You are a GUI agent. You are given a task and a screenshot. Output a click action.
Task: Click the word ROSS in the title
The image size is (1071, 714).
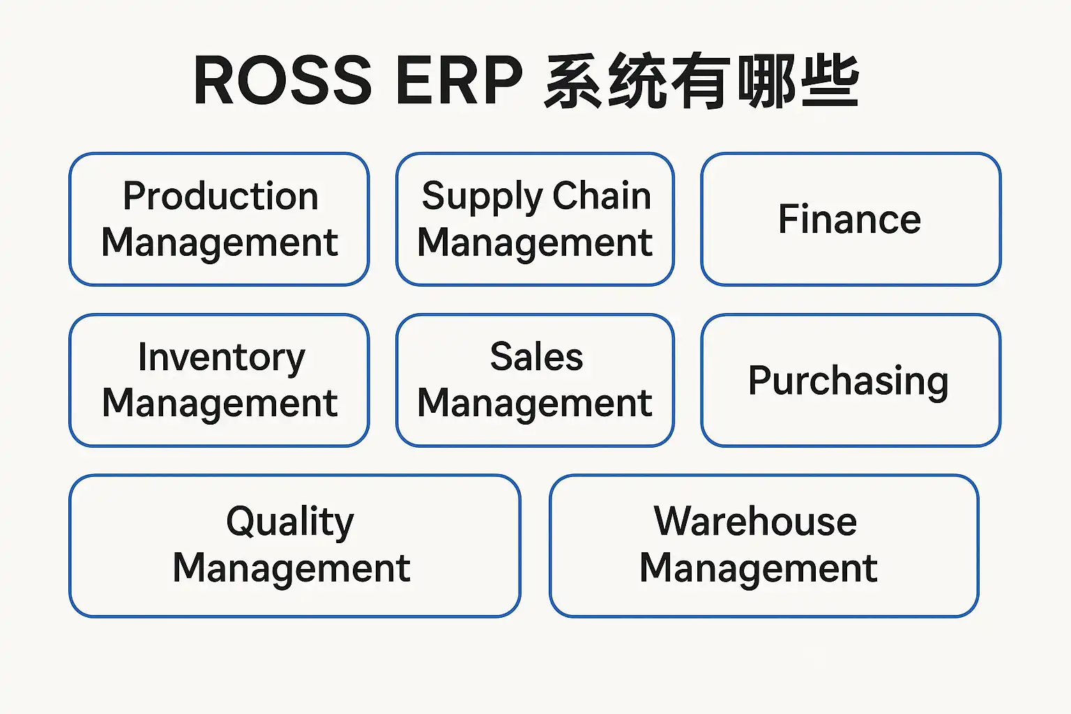(282, 81)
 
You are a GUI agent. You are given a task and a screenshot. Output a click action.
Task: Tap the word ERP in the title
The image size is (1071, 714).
(459, 81)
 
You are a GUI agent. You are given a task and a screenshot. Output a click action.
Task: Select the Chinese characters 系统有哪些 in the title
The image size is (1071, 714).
(701, 82)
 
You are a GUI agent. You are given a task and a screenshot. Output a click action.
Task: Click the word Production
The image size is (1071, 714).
(220, 196)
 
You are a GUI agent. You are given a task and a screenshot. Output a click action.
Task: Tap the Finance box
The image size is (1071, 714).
(850, 219)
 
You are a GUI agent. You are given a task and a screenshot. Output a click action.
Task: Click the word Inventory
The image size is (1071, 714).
(221, 358)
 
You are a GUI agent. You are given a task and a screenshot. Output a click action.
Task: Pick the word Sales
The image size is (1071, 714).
(536, 357)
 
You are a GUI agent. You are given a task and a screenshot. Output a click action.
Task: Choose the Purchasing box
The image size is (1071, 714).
(849, 381)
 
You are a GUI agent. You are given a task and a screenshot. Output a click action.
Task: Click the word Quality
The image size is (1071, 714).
(290, 522)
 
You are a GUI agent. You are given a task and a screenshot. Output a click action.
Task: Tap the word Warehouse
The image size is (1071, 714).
(755, 521)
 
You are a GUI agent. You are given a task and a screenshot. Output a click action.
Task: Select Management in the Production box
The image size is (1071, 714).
(220, 243)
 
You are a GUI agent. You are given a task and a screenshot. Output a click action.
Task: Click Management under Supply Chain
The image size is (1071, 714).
(535, 243)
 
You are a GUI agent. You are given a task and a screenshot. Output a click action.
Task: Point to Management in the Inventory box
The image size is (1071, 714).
(220, 404)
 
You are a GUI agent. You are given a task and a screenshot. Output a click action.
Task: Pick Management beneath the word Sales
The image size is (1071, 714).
(535, 404)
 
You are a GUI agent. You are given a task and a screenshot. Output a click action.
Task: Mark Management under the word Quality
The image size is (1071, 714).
(291, 568)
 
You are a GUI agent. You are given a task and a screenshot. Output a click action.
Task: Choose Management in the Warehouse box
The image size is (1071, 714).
(759, 568)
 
